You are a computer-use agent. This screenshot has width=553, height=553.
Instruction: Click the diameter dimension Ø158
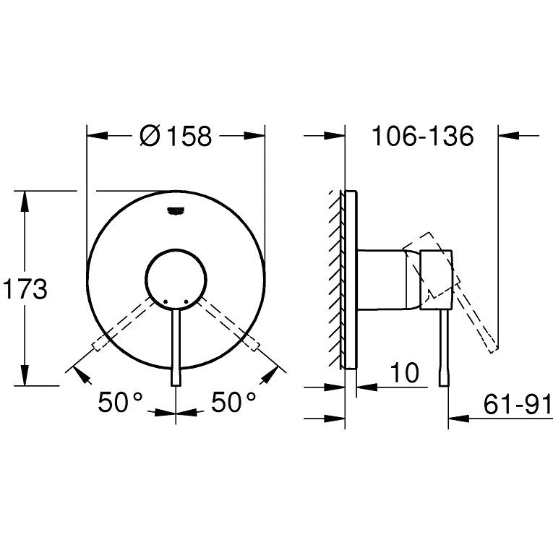(x=175, y=136)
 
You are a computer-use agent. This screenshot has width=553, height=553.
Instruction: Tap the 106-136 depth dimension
(x=422, y=136)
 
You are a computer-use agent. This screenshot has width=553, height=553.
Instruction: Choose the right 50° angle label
(x=233, y=403)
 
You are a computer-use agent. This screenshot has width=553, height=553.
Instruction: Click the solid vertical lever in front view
(x=176, y=347)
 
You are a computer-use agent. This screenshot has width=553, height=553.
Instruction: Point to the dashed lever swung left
(x=123, y=326)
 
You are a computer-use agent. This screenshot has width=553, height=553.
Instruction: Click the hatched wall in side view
(x=337, y=278)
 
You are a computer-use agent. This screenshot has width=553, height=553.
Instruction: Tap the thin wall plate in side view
(x=351, y=278)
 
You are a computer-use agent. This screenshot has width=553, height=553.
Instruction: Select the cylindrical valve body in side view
(x=383, y=278)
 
